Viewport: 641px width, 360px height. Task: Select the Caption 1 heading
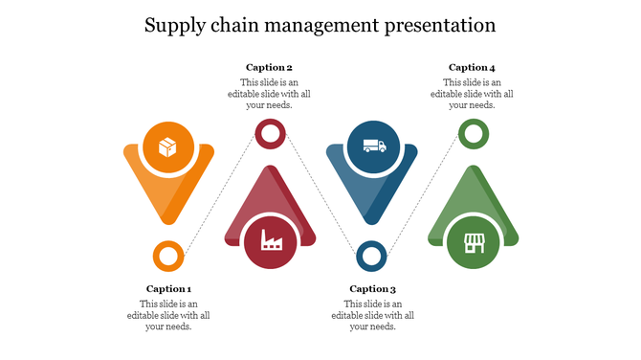click(169, 289)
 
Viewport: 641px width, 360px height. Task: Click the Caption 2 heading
click(269, 67)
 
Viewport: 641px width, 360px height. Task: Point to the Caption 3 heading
click(372, 289)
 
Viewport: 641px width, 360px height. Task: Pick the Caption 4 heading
click(472, 67)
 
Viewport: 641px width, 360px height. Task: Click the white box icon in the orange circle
click(168, 147)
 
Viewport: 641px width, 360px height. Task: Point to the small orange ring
click(169, 257)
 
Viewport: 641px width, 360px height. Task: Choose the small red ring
click(270, 134)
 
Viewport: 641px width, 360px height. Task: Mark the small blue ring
click(371, 257)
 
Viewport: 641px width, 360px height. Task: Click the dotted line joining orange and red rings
click(220, 195)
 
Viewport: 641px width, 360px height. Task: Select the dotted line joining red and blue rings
click(320, 195)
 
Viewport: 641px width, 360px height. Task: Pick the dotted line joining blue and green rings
click(422, 195)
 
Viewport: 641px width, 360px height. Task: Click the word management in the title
click(316, 25)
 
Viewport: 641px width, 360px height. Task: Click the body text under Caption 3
click(372, 315)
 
